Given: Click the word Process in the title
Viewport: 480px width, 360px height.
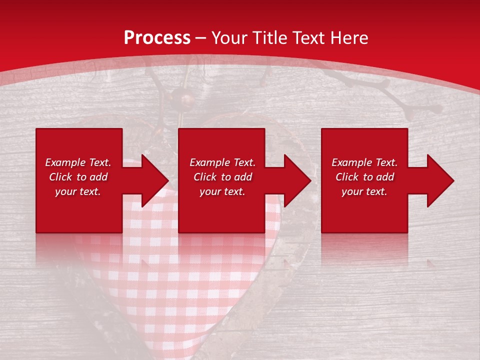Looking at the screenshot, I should (157, 38).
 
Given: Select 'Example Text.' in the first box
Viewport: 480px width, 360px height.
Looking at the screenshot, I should (78, 162).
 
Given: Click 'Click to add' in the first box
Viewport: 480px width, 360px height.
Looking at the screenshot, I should (78, 177).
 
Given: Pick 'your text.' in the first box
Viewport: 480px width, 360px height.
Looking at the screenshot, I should (78, 191).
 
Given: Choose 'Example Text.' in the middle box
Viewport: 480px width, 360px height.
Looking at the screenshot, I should (222, 162).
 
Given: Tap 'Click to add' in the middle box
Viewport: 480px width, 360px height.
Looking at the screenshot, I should (222, 177).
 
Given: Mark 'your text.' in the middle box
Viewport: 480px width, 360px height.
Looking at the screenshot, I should (222, 191).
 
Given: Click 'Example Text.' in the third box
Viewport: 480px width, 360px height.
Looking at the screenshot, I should (364, 162).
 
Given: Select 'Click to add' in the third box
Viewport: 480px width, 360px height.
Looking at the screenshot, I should (364, 177).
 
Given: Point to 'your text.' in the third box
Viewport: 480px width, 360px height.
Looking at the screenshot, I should (364, 191).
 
